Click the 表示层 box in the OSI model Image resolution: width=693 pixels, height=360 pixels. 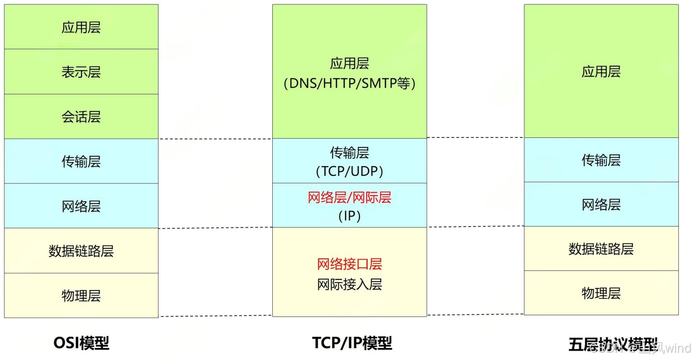point(81,72)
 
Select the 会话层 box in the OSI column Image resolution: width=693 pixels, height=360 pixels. point(81,117)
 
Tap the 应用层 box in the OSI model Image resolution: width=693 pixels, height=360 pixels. point(81,27)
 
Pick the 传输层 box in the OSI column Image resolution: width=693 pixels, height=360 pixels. point(81,161)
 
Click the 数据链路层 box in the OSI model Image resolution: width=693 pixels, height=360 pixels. point(81,251)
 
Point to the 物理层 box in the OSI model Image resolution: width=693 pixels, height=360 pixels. point(81,296)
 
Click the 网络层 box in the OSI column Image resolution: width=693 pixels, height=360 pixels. point(81,206)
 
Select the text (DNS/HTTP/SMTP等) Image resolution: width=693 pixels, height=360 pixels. point(349,83)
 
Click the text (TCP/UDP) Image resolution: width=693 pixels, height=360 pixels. point(349,171)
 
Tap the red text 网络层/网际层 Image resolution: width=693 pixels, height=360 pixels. point(349,197)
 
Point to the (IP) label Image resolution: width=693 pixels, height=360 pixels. point(349,216)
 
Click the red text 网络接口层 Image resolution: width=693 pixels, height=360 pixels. point(349,264)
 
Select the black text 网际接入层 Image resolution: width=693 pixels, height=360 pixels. point(349,284)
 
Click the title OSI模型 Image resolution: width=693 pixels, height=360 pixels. point(81,343)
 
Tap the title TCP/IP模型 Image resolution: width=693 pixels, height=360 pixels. point(352,343)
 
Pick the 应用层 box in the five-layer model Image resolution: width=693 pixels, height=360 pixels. point(601,71)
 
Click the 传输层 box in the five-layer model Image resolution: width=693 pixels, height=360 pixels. point(601,160)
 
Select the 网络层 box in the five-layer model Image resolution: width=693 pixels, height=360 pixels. point(601,204)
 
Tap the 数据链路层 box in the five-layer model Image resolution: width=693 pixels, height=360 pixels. point(601,249)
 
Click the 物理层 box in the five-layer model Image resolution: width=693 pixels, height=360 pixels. point(601,293)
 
